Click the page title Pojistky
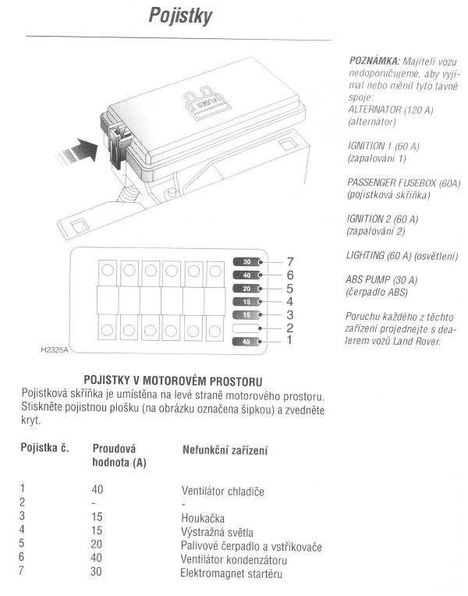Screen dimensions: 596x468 coord(180,17)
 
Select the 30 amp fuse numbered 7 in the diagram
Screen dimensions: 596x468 coord(247,261)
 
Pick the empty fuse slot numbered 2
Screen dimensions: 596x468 coord(247,328)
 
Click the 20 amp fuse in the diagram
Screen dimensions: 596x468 coord(247,288)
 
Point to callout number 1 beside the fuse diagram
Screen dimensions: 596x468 coord(290,341)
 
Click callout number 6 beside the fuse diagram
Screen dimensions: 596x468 coord(290,275)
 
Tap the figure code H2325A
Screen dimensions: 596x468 coord(54,349)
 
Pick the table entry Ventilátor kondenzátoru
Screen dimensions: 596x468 coord(234,561)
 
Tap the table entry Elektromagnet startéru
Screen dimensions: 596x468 coord(231,575)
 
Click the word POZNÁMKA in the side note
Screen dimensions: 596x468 coord(370,60)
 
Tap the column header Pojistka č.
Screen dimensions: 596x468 coord(44,449)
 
